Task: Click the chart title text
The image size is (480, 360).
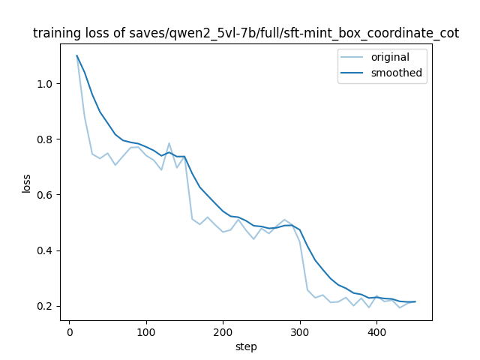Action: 246,33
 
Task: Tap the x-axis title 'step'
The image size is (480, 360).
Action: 246,346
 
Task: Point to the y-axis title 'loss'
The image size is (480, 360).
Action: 26,182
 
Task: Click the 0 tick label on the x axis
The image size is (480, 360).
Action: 69,332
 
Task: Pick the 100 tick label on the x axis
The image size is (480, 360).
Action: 146,332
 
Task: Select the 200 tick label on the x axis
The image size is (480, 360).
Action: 223,332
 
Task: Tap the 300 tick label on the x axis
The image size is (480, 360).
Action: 300,332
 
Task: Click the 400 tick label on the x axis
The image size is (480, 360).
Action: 376,332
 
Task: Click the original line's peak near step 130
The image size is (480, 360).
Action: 169,143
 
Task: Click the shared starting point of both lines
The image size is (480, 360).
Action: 76,55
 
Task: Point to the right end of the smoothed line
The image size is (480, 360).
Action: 415,301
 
